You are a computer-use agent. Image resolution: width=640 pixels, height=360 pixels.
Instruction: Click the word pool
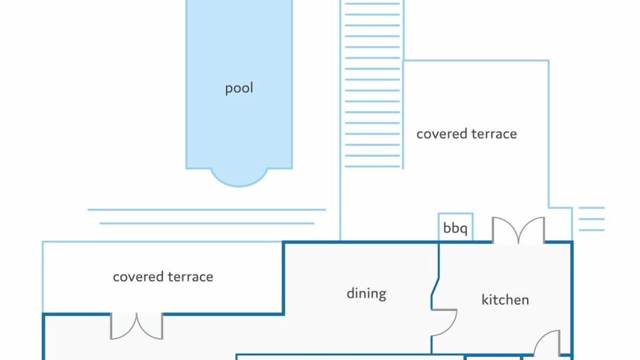(x=239, y=88)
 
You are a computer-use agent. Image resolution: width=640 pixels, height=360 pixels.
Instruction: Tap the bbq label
(x=455, y=228)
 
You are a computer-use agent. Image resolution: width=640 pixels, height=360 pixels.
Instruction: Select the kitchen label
(x=505, y=299)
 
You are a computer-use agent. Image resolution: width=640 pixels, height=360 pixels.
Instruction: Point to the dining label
(x=366, y=293)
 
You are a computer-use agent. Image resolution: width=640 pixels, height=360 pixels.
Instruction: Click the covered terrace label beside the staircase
(x=466, y=133)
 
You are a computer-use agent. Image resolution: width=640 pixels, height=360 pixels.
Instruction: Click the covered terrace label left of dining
(x=163, y=277)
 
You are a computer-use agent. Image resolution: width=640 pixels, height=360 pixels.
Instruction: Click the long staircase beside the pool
(x=372, y=85)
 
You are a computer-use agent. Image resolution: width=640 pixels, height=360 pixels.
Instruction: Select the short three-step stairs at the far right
(x=591, y=219)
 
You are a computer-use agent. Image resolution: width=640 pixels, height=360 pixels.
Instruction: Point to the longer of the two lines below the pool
(x=207, y=209)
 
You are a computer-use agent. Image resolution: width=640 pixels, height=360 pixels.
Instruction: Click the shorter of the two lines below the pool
(x=207, y=223)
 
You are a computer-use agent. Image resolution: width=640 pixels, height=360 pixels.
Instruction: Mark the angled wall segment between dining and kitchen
(x=435, y=287)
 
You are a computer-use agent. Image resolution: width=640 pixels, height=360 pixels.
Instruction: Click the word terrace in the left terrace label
(x=190, y=277)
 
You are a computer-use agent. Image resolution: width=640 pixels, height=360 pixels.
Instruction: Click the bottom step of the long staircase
(x=372, y=166)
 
